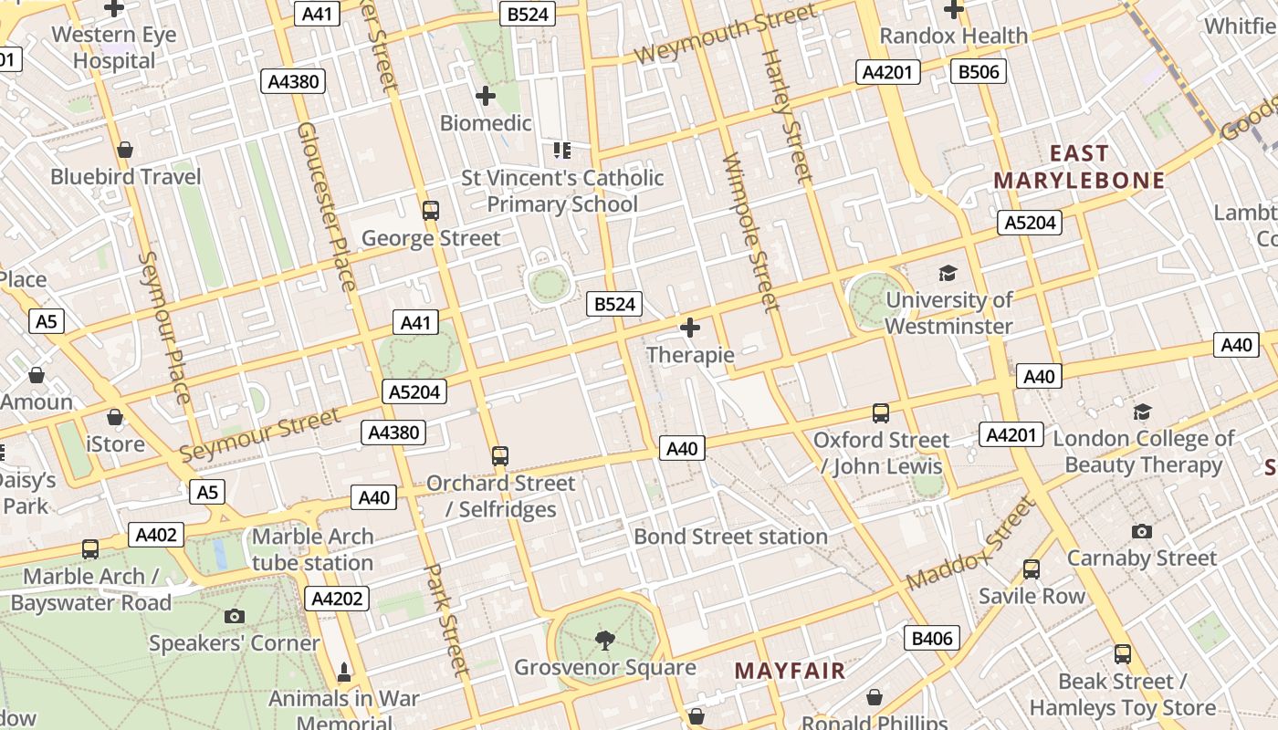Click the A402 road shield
(156, 535)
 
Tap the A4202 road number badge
(337, 599)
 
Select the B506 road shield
(978, 71)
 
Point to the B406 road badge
(932, 638)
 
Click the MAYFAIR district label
(790, 672)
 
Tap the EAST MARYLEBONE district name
(1079, 167)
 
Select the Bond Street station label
(730, 536)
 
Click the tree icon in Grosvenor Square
(604, 641)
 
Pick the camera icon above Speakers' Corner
(235, 616)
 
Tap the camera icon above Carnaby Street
(1141, 531)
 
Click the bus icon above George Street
(431, 211)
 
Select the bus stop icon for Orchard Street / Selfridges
(499, 455)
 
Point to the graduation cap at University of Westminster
(948, 273)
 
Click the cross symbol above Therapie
(690, 327)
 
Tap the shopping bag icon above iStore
(115, 417)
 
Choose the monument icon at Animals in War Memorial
(344, 673)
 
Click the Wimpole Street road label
(749, 232)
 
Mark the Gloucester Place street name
(326, 207)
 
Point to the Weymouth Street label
(725, 36)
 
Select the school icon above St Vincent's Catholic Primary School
(562, 150)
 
